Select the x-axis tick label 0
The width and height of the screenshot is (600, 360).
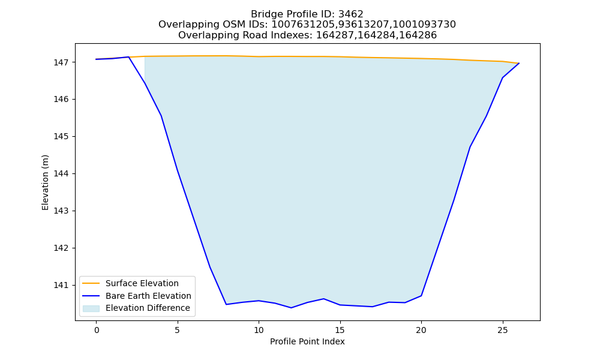[97, 330]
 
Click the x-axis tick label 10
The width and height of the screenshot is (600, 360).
[259, 330]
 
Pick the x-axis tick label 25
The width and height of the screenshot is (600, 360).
[502, 330]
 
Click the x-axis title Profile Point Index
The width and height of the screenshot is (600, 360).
[307, 341]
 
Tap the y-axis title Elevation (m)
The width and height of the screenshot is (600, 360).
[46, 182]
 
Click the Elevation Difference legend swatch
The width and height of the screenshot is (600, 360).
[91, 308]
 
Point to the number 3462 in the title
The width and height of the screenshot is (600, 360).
[351, 14]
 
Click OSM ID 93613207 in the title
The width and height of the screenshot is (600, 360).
[369, 25]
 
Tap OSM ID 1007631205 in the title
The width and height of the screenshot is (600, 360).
[295, 25]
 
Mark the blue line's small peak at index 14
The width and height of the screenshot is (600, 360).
[324, 299]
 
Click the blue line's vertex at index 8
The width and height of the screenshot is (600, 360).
[226, 305]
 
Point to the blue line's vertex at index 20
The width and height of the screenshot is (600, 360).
[421, 296]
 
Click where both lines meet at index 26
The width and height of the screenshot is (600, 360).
[519, 63]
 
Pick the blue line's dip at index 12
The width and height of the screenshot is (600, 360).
[291, 308]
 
